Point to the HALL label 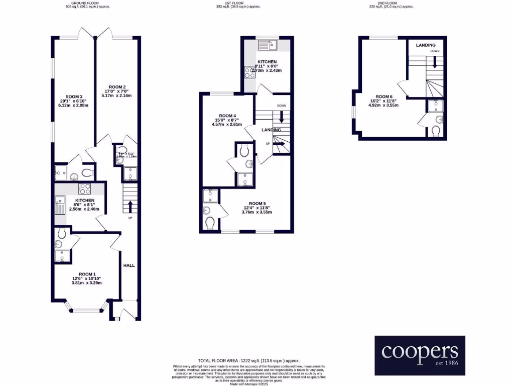(x=130, y=265)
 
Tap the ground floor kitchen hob (x=84, y=189)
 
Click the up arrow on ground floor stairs (x=131, y=207)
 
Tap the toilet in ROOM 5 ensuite (x=209, y=223)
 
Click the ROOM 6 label (x=383, y=96)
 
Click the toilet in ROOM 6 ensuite (x=436, y=131)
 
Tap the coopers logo (x=420, y=355)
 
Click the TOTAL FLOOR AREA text (x=248, y=361)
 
